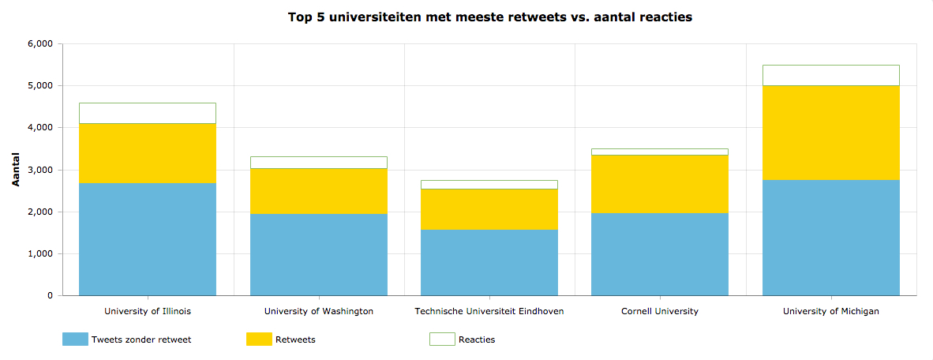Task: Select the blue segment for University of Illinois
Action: [148, 239]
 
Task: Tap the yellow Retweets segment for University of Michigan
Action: [830, 133]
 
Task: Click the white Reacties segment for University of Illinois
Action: [148, 113]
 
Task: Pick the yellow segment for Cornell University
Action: [660, 184]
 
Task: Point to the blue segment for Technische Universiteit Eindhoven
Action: [489, 262]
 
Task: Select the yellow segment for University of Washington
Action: [319, 191]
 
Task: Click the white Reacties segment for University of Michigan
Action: [830, 75]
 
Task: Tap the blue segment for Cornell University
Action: [660, 254]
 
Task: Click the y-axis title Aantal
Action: [16, 170]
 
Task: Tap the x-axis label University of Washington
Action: [319, 311]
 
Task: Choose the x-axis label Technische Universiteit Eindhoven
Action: [489, 311]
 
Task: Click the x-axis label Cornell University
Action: [660, 311]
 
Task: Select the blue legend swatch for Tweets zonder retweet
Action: [75, 339]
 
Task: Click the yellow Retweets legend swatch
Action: [259, 339]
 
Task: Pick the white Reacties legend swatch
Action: [442, 339]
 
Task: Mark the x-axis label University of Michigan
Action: [830, 311]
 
